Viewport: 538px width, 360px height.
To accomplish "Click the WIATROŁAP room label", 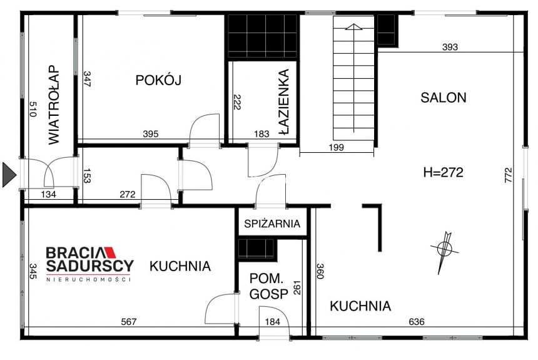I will (53, 105).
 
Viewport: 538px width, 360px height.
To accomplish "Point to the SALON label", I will (443, 98).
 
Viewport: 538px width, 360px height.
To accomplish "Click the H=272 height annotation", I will (442, 173).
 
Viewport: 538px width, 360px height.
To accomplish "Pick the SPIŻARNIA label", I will (272, 224).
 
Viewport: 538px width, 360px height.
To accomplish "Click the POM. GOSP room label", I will (269, 287).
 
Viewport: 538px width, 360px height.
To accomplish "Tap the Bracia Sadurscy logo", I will (89, 259).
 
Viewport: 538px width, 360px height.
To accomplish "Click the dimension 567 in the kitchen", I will (128, 322).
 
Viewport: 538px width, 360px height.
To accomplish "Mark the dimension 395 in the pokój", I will (151, 133).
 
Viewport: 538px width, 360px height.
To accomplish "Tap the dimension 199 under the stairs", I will (337, 147).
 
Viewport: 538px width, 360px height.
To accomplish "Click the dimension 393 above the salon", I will (450, 47).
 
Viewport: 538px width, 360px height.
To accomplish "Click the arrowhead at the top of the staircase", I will (353, 27).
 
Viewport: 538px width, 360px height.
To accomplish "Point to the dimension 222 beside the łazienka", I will (236, 102).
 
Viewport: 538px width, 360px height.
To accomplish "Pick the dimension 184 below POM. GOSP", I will (273, 322).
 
